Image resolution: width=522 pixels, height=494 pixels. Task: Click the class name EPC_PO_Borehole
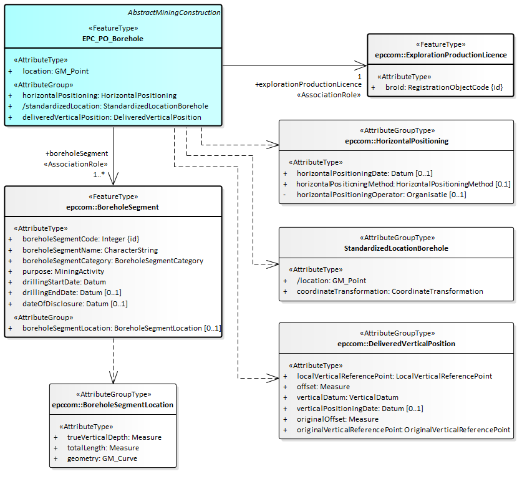tap(113, 39)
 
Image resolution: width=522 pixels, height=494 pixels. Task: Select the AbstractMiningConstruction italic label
tap(174, 12)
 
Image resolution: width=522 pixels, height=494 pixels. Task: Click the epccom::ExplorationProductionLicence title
tap(441, 55)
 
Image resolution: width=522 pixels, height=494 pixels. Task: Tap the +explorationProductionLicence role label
tap(308, 84)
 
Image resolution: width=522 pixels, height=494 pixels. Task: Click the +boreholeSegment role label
tap(77, 153)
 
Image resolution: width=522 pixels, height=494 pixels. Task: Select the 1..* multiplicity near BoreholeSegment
tap(99, 174)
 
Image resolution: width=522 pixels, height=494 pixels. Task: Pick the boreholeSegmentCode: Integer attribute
tap(80, 239)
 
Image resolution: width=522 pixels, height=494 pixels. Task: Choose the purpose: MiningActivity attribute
tap(63, 271)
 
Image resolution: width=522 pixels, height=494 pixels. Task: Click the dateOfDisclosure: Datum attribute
tap(75, 304)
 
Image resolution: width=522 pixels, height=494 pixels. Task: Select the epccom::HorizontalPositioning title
tap(396, 141)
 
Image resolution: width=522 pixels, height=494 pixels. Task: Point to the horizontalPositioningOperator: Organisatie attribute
tap(381, 195)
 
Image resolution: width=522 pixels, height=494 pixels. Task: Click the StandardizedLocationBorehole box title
tap(396, 248)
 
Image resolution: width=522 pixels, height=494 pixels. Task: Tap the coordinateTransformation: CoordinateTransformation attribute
tap(390, 291)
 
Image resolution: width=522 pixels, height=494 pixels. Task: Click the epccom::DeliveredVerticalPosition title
tap(396, 344)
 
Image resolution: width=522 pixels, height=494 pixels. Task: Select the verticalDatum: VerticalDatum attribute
tap(347, 397)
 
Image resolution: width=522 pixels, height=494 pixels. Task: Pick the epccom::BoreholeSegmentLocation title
tap(113, 405)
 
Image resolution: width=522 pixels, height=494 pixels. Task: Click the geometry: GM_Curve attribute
tap(102, 458)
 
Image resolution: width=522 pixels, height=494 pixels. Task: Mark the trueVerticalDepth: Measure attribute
tap(114, 437)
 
